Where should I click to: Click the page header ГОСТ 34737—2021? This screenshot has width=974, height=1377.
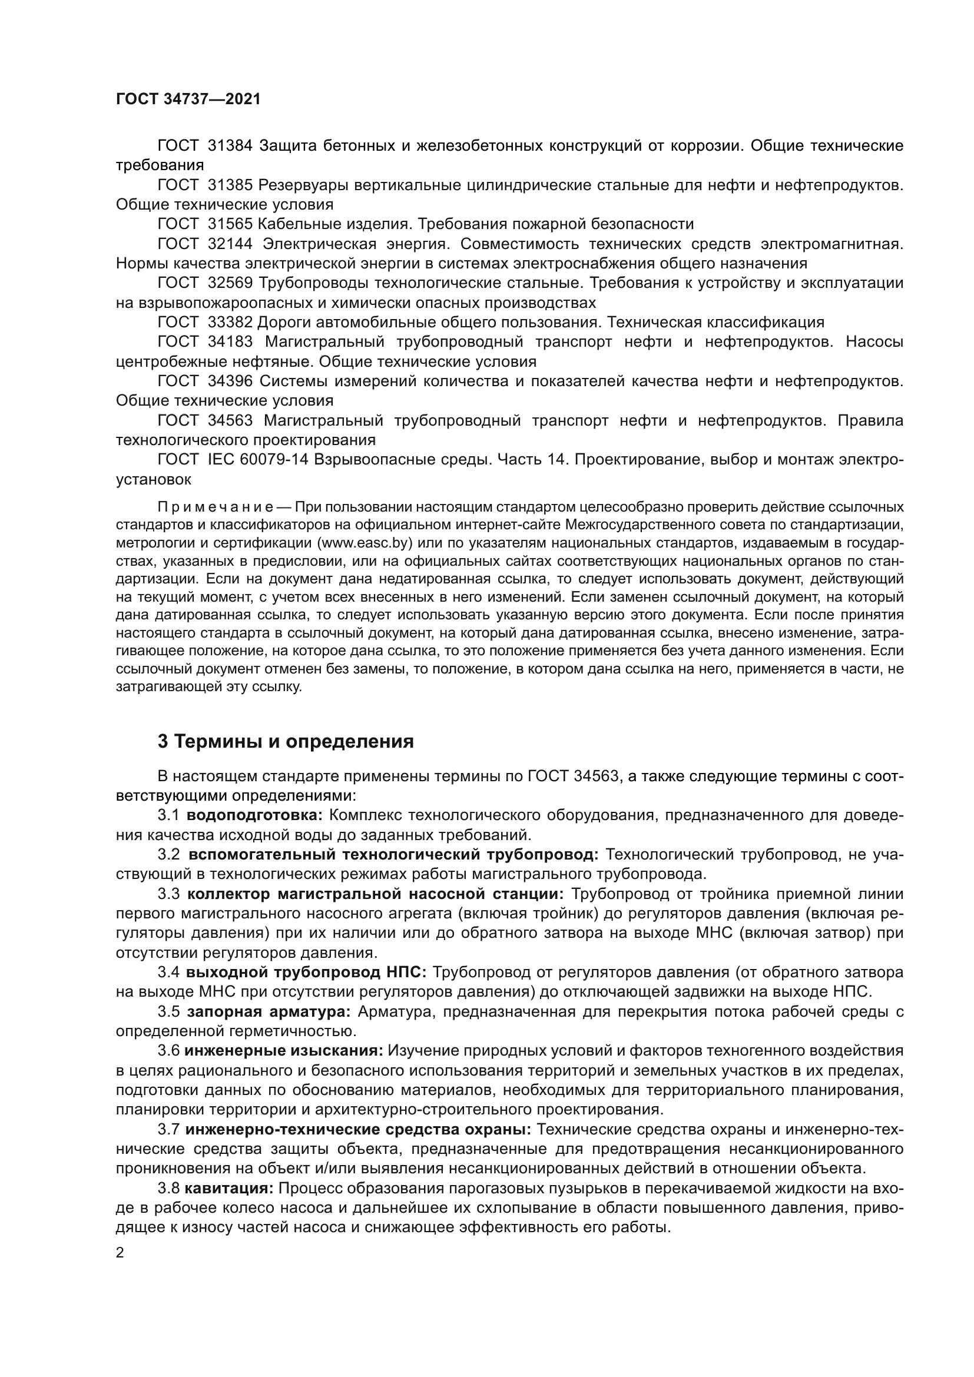188,99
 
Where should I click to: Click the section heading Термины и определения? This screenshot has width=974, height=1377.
294,742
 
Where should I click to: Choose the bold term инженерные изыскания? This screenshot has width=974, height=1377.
283,1051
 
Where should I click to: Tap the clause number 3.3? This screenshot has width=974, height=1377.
168,894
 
